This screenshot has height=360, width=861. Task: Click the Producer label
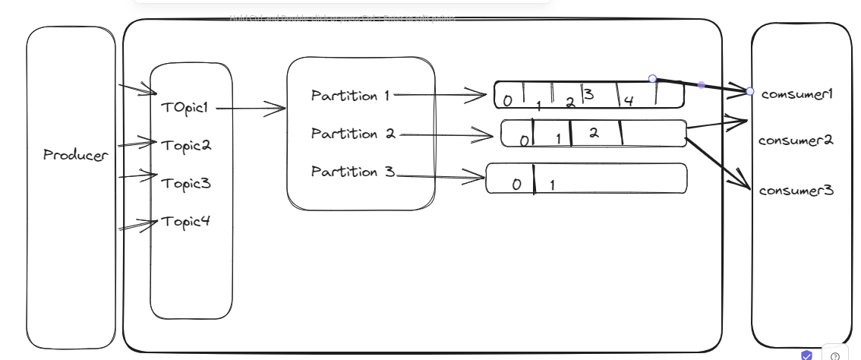click(75, 155)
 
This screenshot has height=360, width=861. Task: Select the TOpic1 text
click(184, 107)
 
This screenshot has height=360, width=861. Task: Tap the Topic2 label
click(185, 145)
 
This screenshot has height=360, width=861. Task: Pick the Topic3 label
click(185, 183)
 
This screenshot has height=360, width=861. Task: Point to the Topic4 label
click(184, 222)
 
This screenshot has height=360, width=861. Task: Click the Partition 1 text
click(350, 95)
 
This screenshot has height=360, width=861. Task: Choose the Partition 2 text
click(353, 134)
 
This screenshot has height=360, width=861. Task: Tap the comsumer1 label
click(797, 94)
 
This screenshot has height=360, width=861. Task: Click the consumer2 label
click(796, 141)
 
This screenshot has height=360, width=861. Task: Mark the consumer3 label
click(796, 190)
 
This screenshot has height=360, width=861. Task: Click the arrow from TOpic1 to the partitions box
click(251, 109)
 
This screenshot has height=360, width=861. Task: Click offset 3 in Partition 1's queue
click(588, 94)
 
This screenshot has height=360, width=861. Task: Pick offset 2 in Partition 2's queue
click(594, 132)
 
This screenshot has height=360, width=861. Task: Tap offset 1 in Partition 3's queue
click(552, 185)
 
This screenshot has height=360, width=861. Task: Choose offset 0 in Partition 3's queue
click(517, 184)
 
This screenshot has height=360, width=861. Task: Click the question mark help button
click(835, 355)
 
